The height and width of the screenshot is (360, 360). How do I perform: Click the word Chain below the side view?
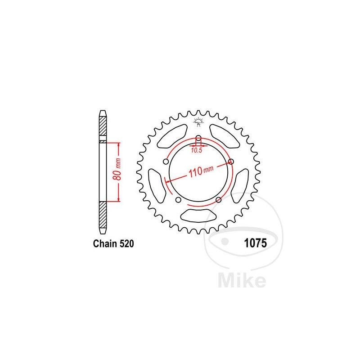point(105,243)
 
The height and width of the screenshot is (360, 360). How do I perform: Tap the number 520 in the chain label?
point(126,243)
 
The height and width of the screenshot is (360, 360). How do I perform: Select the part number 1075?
point(255,243)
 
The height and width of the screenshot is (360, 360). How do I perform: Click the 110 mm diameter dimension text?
point(201,171)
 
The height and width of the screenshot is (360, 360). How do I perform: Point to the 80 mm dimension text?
point(118,169)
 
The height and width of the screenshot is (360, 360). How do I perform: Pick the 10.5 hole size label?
point(197,150)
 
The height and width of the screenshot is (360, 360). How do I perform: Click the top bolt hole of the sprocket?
point(198,138)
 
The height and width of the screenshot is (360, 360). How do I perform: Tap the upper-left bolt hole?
point(166,162)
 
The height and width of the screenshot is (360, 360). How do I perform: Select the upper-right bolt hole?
point(231,162)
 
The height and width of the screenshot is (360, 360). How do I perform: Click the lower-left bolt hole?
point(178,200)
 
